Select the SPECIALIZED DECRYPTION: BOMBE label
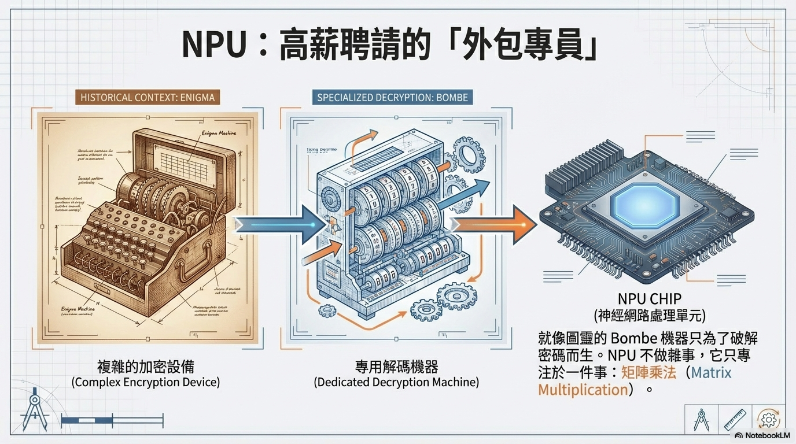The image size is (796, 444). click(x=392, y=97)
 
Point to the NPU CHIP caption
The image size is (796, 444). click(x=650, y=299)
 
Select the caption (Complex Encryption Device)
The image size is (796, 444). click(x=146, y=382)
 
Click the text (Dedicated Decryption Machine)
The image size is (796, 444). click(x=396, y=382)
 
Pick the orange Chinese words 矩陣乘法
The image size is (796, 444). click(x=648, y=372)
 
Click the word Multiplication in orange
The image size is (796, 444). click(x=583, y=390)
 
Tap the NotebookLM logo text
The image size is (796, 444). click(x=764, y=435)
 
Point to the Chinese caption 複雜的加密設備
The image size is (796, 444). click(x=146, y=366)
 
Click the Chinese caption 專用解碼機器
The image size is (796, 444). click(x=396, y=366)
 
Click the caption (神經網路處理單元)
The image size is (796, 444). click(x=650, y=316)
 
